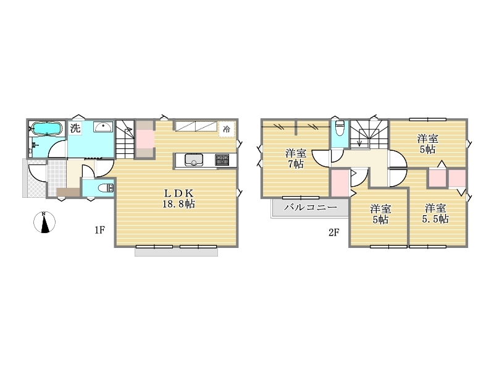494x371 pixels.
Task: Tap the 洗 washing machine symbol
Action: pos(75,128)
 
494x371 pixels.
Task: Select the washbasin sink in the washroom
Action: pos(103,127)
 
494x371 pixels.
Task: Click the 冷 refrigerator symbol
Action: pos(227,129)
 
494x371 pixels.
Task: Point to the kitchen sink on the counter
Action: pos(193,160)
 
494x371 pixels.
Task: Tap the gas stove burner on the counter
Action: pos(222,160)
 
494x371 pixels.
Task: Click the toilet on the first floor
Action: pos(106,189)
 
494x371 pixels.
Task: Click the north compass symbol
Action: pos(44,223)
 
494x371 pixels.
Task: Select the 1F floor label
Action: pos(99,230)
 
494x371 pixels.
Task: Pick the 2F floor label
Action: pos(334,232)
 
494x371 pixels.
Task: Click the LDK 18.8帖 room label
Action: pos(178,198)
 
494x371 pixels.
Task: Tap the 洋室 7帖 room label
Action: pos(296,159)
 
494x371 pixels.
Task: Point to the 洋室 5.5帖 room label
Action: pos(435,213)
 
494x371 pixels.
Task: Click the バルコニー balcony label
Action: pos(311,207)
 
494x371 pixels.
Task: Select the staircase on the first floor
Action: pos(125,139)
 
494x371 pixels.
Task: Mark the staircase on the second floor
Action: pos(369,134)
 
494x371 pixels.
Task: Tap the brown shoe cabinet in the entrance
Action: pos(69,192)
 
